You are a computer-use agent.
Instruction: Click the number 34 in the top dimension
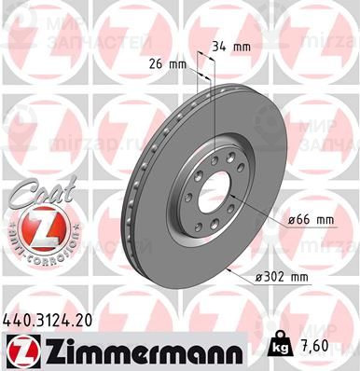pyautogui.click(x=223, y=45)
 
